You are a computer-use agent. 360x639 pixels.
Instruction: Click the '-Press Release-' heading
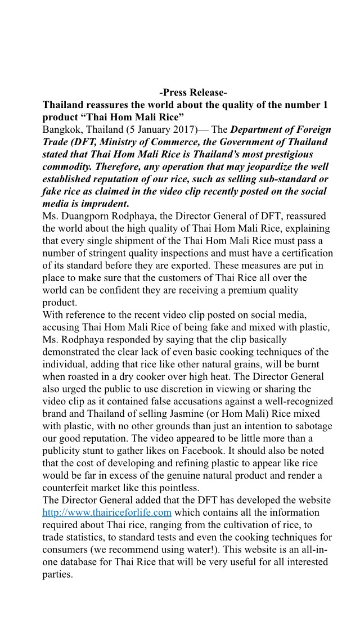coord(193,93)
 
